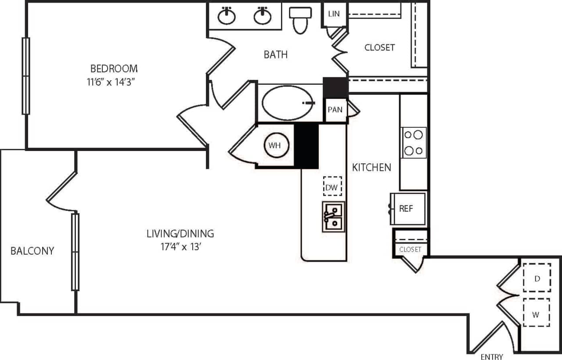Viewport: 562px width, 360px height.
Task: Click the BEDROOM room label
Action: (x=114, y=68)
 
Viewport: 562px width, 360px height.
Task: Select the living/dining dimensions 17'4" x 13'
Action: (x=180, y=246)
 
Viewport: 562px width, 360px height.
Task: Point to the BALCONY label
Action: (x=32, y=251)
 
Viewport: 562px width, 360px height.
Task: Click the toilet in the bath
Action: (x=300, y=20)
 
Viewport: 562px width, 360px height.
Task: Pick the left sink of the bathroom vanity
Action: (x=227, y=16)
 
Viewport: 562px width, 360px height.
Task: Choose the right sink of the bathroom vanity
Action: (x=262, y=16)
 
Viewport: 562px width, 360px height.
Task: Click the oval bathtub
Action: (x=285, y=103)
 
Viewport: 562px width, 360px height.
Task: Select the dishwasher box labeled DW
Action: (x=332, y=187)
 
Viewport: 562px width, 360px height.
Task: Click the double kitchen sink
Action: (x=333, y=217)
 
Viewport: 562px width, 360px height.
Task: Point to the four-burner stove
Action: (x=413, y=143)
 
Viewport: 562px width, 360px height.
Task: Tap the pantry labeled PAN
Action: (x=335, y=110)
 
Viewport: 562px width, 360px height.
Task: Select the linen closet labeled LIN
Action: (x=334, y=14)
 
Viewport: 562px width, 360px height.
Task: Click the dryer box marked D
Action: (x=536, y=278)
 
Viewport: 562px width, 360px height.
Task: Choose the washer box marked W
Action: (x=536, y=313)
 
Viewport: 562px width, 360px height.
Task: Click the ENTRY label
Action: (x=491, y=356)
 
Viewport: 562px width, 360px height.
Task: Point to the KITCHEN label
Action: (x=371, y=167)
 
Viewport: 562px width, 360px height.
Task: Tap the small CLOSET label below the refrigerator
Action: (x=410, y=249)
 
